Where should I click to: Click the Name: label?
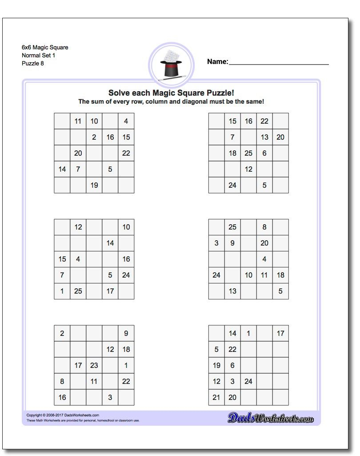[217, 62]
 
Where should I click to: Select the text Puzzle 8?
[33, 63]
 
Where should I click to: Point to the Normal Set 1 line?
[38, 55]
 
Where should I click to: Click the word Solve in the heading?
[118, 93]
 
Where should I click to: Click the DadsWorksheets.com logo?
[271, 418]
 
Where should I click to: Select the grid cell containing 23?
[94, 365]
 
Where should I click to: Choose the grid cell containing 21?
[216, 397]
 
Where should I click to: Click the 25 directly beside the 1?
[78, 291]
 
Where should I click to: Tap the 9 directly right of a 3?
[232, 243]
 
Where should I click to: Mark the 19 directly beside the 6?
[216, 365]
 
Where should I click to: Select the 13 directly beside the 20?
[264, 137]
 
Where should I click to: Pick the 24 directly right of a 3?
[248, 381]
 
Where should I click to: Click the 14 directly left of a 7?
[62, 169]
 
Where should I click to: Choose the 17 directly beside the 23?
[78, 365]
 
